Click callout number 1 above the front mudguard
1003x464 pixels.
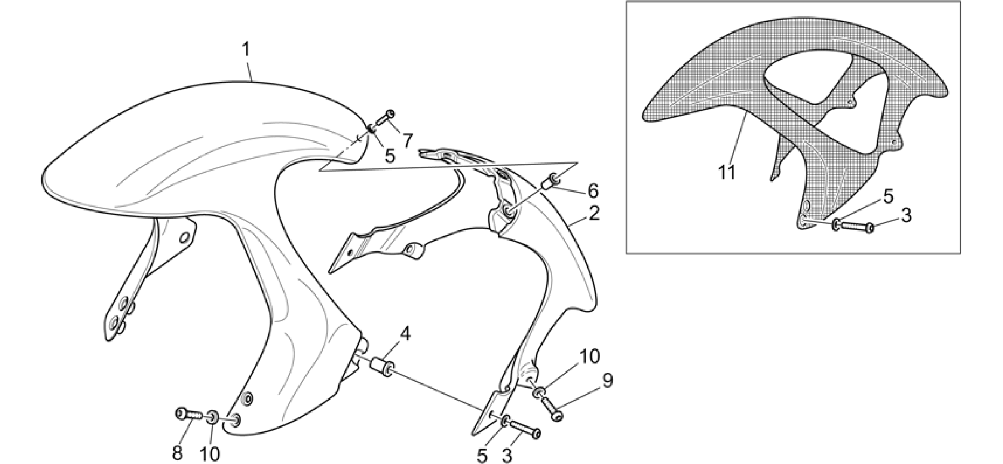pyautogui.click(x=246, y=50)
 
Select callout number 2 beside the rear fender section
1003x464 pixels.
pyautogui.click(x=594, y=213)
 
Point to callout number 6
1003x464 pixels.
pyautogui.click(x=593, y=190)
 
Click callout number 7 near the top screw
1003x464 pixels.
pyautogui.click(x=408, y=141)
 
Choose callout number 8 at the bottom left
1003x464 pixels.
pyautogui.click(x=177, y=453)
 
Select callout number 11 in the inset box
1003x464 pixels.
pyautogui.click(x=727, y=172)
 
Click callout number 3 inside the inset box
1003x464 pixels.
pyautogui.click(x=906, y=215)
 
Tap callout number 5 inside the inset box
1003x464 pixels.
pyautogui.click(x=888, y=196)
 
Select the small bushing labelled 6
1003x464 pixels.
pyautogui.click(x=550, y=181)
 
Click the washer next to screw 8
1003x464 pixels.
pyautogui.click(x=213, y=418)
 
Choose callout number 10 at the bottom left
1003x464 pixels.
pyautogui.click(x=210, y=454)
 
